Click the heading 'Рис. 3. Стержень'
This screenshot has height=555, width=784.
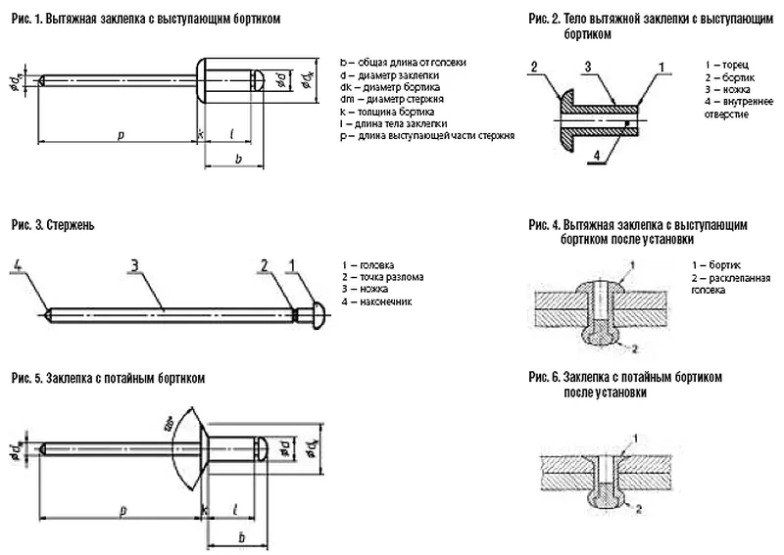click(x=52, y=224)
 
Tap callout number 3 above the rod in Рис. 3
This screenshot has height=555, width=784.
click(x=133, y=263)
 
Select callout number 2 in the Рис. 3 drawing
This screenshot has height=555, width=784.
click(x=265, y=263)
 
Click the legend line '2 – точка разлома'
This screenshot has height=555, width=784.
click(x=383, y=277)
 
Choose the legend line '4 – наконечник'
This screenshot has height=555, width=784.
click(x=377, y=302)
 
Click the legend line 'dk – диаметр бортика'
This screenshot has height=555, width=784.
click(x=388, y=87)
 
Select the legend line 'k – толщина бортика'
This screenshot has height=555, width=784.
click(x=388, y=112)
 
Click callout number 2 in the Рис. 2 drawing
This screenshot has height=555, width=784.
click(x=534, y=66)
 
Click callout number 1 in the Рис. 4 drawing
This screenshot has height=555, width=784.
click(x=633, y=265)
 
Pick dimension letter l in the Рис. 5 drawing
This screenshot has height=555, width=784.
click(x=239, y=510)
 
